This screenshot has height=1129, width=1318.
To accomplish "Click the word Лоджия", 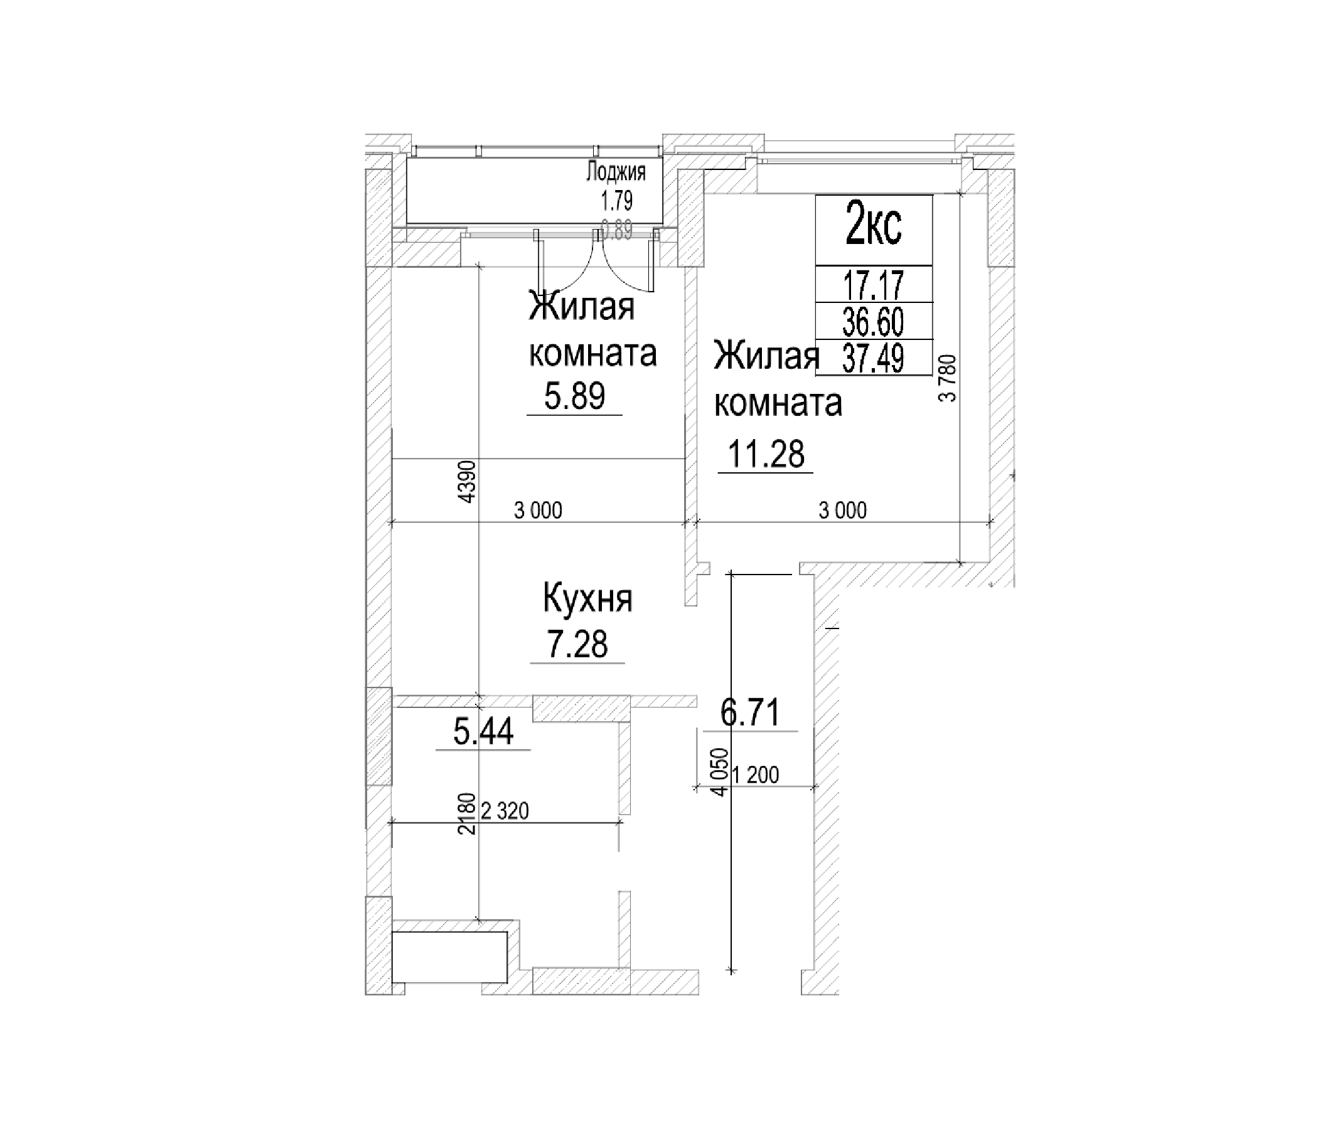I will pyautogui.click(x=615, y=172).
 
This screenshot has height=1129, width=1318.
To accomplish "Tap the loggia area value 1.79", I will pyautogui.click(x=616, y=201).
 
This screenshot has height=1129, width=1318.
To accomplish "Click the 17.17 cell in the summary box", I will pyautogui.click(x=874, y=284).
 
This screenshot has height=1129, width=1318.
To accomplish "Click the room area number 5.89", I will pyautogui.click(x=574, y=396).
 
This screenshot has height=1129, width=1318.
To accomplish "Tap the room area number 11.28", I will pyautogui.click(x=766, y=455).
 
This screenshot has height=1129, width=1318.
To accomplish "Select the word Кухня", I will pyautogui.click(x=587, y=600).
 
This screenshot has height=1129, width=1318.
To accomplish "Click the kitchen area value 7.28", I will pyautogui.click(x=577, y=645).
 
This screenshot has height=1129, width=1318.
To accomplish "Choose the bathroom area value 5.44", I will pyautogui.click(x=483, y=732).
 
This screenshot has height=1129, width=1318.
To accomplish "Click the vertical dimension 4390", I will pyautogui.click(x=468, y=482).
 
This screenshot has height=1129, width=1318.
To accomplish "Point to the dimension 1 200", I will pyautogui.click(x=755, y=775).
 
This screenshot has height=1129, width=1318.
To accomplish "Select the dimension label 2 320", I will pyautogui.click(x=505, y=811).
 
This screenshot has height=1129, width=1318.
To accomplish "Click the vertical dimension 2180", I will pyautogui.click(x=468, y=814).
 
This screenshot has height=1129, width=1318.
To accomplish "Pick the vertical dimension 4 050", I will pyautogui.click(x=719, y=771).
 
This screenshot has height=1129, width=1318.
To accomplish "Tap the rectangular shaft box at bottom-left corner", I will pyautogui.click(x=450, y=957).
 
